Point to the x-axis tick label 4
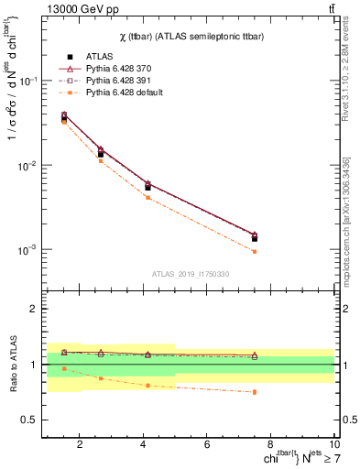click(x=144, y=444)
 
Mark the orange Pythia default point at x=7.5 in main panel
click(x=255, y=251)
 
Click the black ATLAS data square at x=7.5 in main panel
click(x=255, y=238)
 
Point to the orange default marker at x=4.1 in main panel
click(x=147, y=197)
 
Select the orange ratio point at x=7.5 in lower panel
click(x=255, y=392)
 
